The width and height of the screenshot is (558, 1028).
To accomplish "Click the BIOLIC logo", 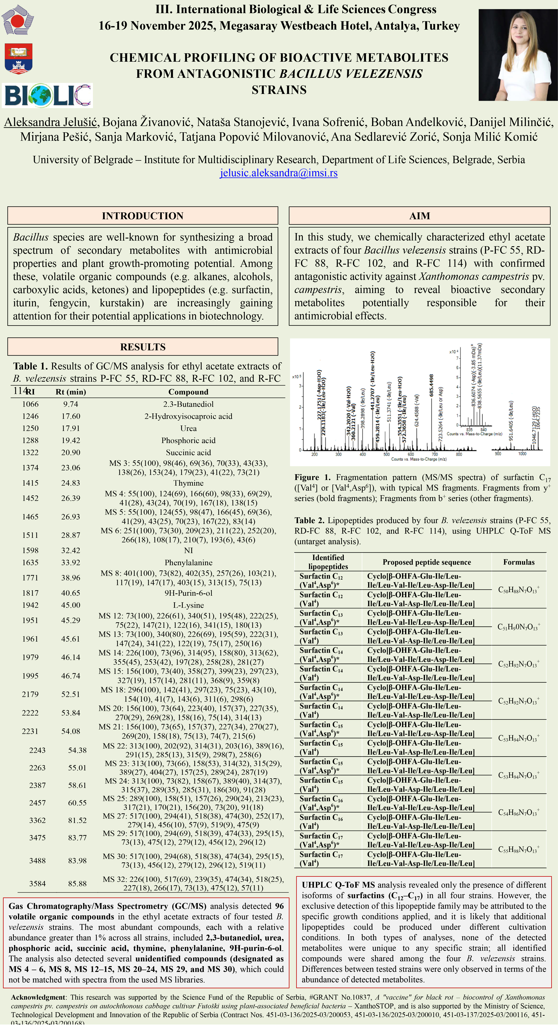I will pyautogui.click(x=47, y=95).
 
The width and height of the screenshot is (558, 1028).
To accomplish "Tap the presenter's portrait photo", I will pyautogui.click(x=518, y=55).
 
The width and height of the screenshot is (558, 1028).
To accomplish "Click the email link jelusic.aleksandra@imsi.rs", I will pyautogui.click(x=279, y=173).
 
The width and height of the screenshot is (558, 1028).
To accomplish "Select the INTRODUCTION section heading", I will pyautogui.click(x=143, y=216).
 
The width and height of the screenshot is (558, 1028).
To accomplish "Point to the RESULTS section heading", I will pyautogui.click(x=143, y=347).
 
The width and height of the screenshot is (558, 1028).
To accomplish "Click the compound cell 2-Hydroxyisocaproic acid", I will pyautogui.click(x=188, y=416).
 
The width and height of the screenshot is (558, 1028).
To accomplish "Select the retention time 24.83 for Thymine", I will pyautogui.click(x=71, y=483).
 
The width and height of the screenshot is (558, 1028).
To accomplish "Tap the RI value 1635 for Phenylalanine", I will pyautogui.click(x=30, y=562).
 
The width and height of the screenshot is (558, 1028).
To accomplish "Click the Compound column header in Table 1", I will pyautogui.click(x=188, y=392).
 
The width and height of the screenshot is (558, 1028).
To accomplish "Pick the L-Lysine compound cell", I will pyautogui.click(x=188, y=605).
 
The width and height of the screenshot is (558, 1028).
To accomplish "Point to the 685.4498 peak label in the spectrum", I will pyautogui.click(x=431, y=386).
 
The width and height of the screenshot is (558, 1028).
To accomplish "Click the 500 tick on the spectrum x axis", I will pyautogui.click(x=387, y=454).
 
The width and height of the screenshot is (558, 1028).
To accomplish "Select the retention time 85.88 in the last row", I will pyautogui.click(x=77, y=884).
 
